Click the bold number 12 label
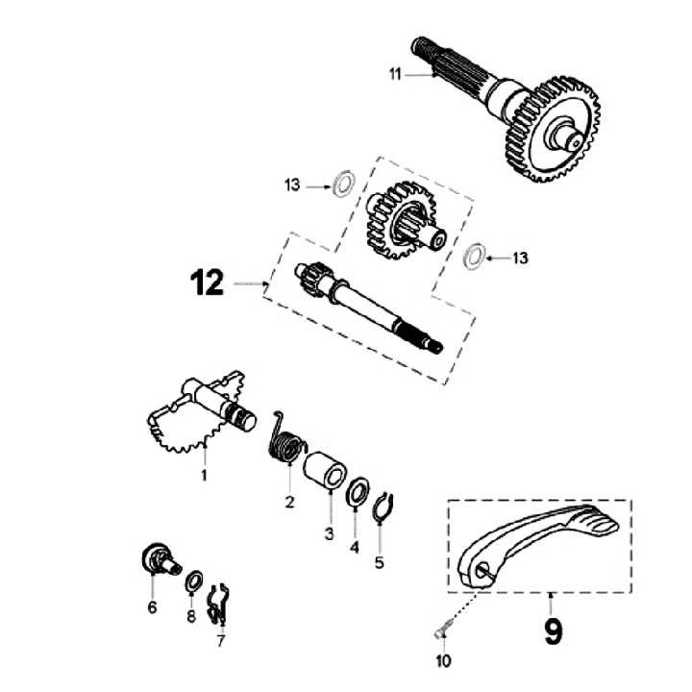tap(208, 284)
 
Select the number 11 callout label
tap(395, 73)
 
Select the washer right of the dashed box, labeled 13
tap(471, 257)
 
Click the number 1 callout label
tap(204, 476)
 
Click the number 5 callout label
tap(379, 563)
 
